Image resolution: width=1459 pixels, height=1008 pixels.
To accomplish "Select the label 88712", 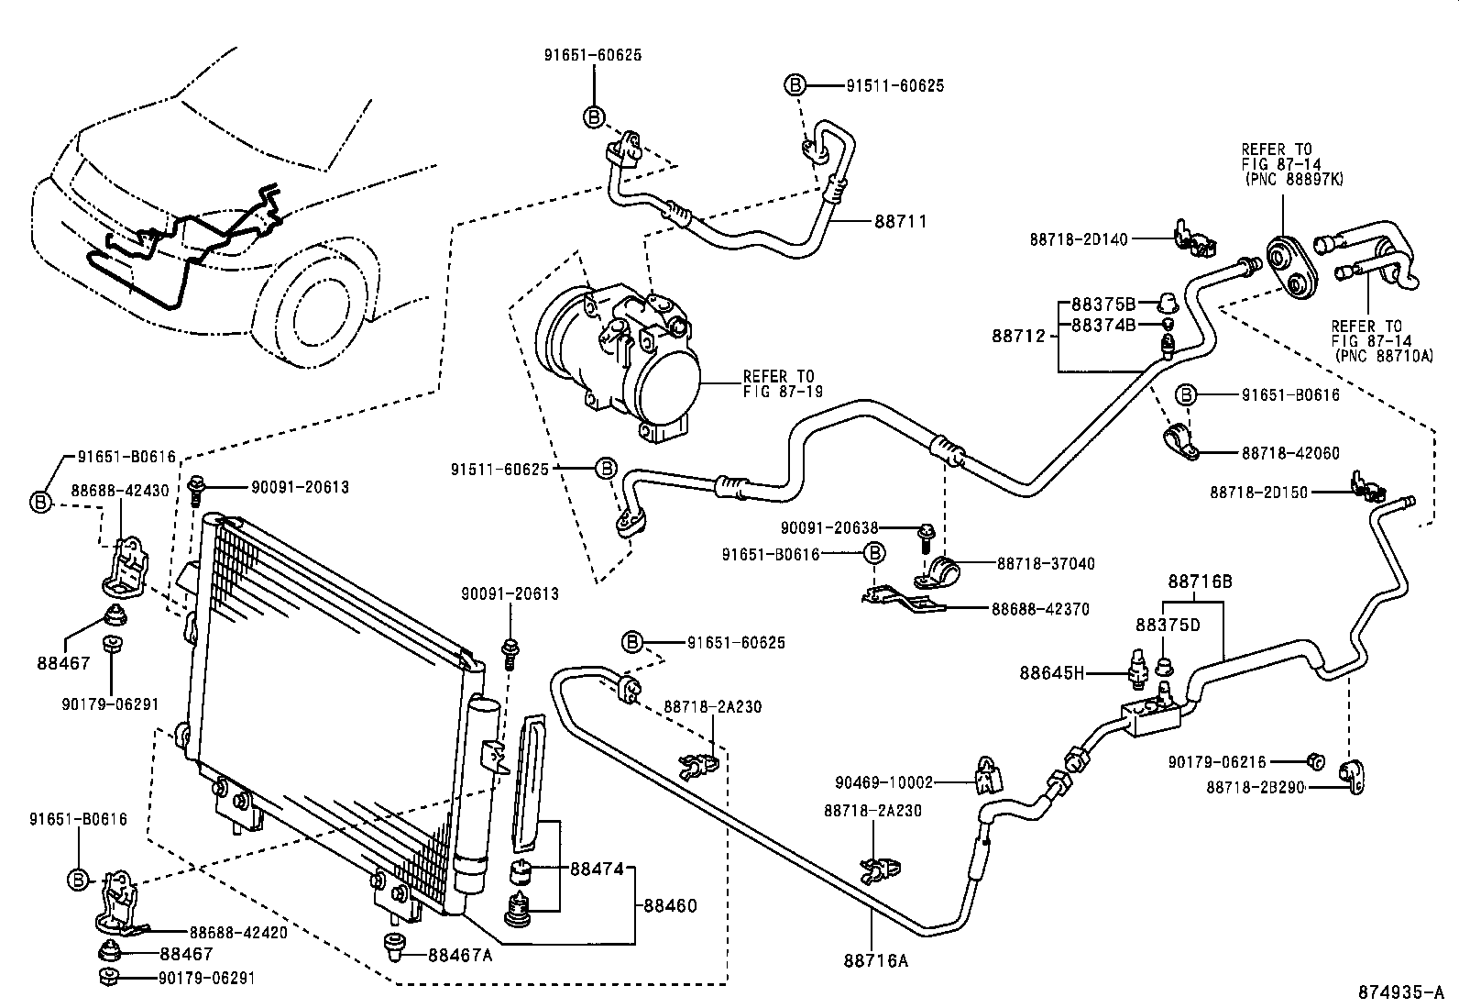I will tap(1017, 336).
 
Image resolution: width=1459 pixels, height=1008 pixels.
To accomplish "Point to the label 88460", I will tap(670, 906).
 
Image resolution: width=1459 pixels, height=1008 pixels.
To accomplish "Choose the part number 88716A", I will tap(876, 960).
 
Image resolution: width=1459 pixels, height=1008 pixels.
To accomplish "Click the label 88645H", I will tap(1051, 673).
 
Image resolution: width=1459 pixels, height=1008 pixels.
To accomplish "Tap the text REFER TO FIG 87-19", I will tap(782, 383).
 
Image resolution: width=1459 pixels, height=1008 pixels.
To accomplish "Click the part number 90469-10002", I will tap(883, 782).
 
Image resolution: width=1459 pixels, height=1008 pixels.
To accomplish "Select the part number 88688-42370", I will tap(1039, 608).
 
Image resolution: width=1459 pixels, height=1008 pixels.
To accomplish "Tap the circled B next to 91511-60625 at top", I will tap(795, 85).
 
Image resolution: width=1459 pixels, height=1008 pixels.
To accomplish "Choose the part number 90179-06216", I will tap(1217, 761).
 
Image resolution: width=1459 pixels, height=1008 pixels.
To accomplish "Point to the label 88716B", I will tap(1199, 582).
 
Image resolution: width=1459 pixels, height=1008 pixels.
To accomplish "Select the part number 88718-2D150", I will tap(1258, 493).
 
